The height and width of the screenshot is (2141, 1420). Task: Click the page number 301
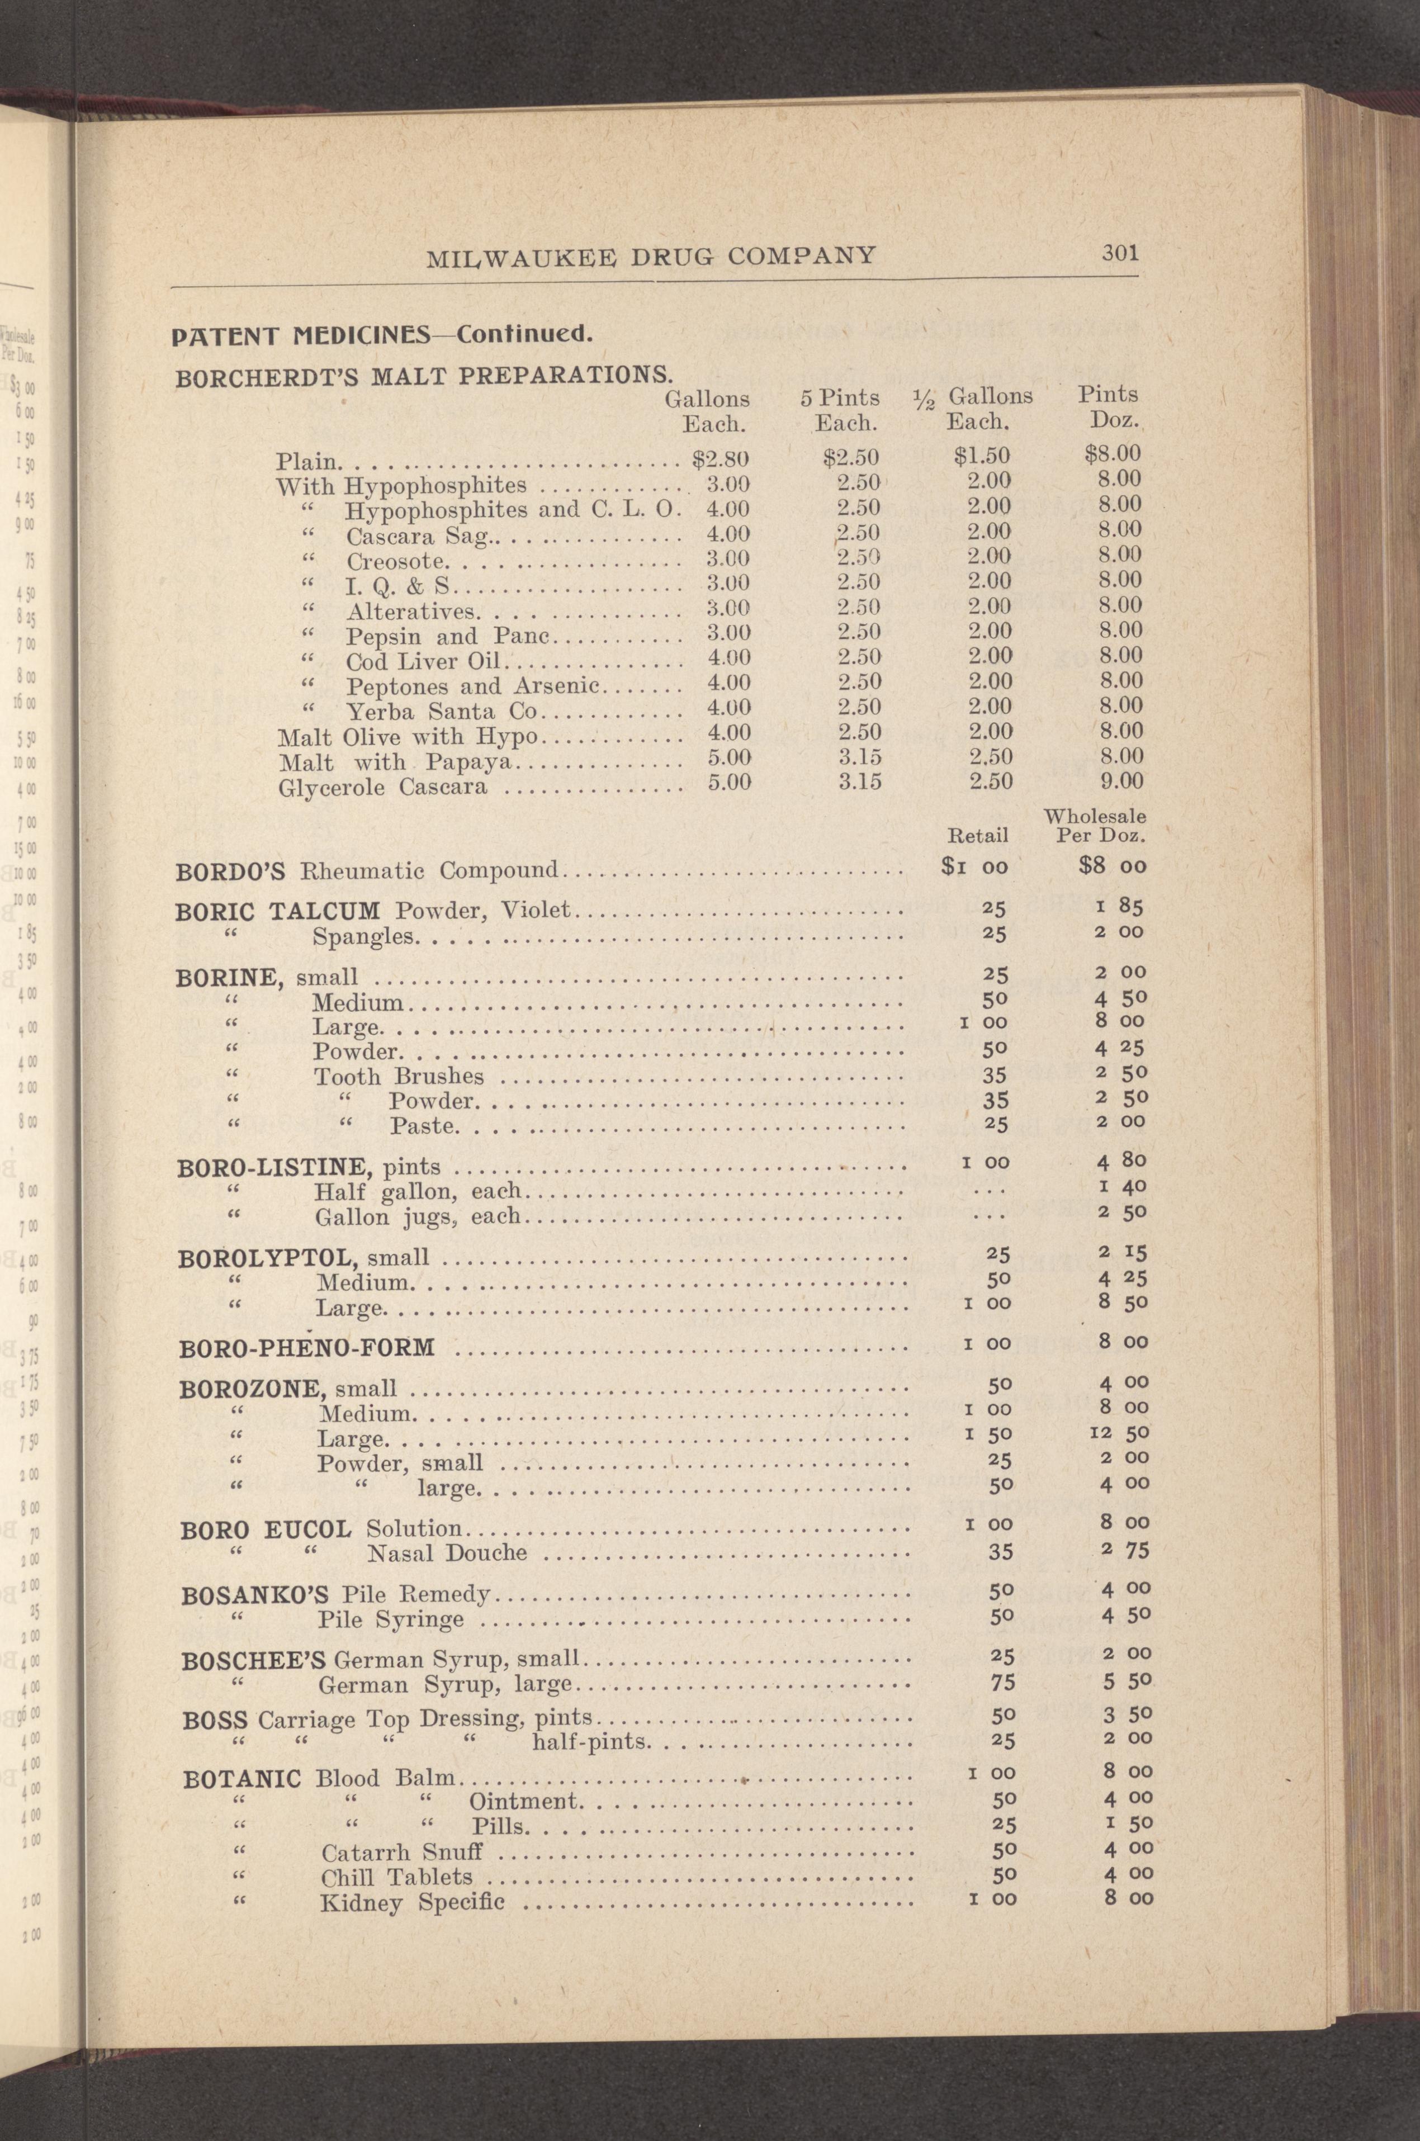pyautogui.click(x=1119, y=253)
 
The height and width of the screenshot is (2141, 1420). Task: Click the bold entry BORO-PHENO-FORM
pyautogui.click(x=307, y=1348)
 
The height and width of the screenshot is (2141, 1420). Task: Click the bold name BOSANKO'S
pyautogui.click(x=255, y=1594)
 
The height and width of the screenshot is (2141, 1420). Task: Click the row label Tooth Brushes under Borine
pyautogui.click(x=399, y=1077)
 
